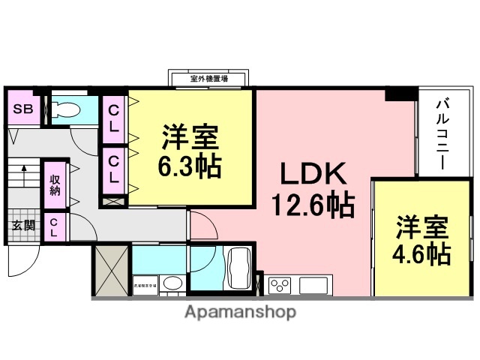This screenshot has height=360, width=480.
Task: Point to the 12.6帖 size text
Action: pyautogui.click(x=313, y=204)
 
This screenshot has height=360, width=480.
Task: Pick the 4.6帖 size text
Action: pyautogui.click(x=422, y=253)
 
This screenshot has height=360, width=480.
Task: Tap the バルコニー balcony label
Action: pyautogui.click(x=442, y=135)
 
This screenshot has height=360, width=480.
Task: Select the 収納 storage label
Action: pyautogui.click(x=55, y=184)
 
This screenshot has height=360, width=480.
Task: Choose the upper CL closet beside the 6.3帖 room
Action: pyautogui.click(x=113, y=119)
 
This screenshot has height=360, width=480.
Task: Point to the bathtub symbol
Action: pyautogui.click(x=238, y=267)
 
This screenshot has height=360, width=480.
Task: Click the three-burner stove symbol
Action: pyautogui.click(x=280, y=285)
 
